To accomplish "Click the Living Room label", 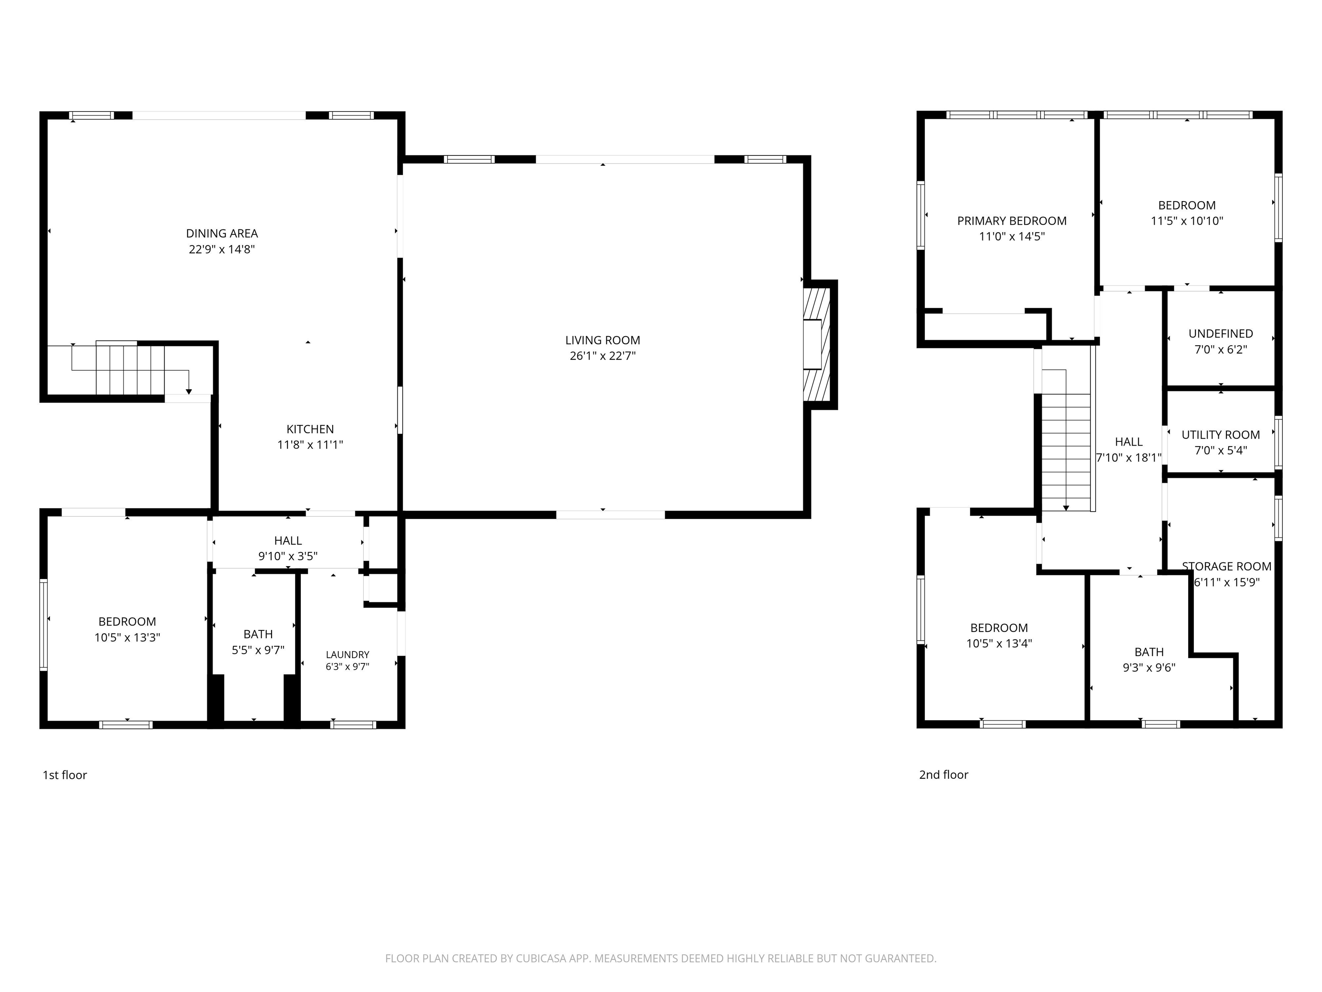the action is [x=602, y=340].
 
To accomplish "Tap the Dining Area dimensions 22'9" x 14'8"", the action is [x=222, y=249].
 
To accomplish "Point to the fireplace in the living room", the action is [x=817, y=345].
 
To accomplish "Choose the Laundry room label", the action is [x=347, y=655].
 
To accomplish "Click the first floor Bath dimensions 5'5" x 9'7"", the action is [x=258, y=650].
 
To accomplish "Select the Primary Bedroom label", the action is [x=1012, y=221].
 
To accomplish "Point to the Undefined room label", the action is [x=1220, y=334].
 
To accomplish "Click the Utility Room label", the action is [x=1220, y=435].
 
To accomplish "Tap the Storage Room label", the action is [x=1226, y=566].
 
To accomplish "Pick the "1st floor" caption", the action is [x=65, y=775].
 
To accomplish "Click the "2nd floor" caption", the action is [x=944, y=775].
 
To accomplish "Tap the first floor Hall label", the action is [x=288, y=540].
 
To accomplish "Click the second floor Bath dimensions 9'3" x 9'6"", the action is [x=1149, y=668].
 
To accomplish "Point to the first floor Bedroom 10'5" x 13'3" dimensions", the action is [x=127, y=637].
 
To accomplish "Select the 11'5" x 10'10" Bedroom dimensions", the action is [x=1187, y=220].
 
